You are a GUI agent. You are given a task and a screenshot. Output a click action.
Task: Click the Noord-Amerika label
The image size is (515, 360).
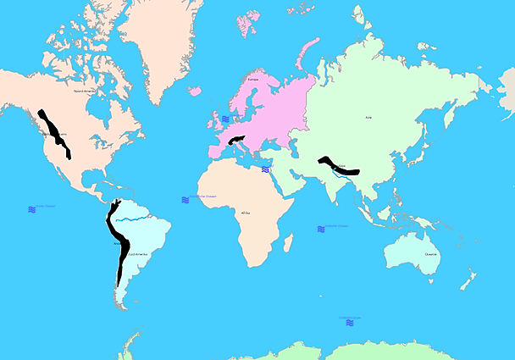tap(85, 90)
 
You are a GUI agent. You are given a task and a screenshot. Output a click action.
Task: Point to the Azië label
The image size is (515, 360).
tap(368, 118)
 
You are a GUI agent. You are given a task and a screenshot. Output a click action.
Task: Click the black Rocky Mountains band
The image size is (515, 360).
tap(54, 134)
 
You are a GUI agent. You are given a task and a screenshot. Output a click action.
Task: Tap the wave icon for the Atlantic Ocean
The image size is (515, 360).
tap(185, 200)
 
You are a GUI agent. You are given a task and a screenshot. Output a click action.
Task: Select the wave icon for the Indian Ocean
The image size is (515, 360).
tap(321, 229)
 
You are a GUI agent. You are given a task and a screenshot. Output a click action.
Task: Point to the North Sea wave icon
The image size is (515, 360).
tap(225, 119)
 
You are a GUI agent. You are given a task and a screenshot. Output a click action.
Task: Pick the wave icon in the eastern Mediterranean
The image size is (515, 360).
tap(265, 169)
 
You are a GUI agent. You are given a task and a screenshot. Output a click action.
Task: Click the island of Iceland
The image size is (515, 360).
tap(194, 91)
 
